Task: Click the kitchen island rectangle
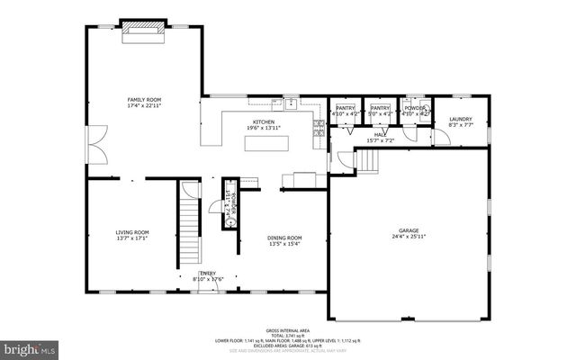click(268, 142)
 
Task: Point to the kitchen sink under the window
click(293, 102)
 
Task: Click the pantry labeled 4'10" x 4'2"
click(344, 112)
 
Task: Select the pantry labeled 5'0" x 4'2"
click(380, 112)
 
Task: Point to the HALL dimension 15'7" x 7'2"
click(380, 140)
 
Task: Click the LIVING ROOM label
click(132, 232)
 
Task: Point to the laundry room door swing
click(441, 136)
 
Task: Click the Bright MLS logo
click(31, 346)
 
